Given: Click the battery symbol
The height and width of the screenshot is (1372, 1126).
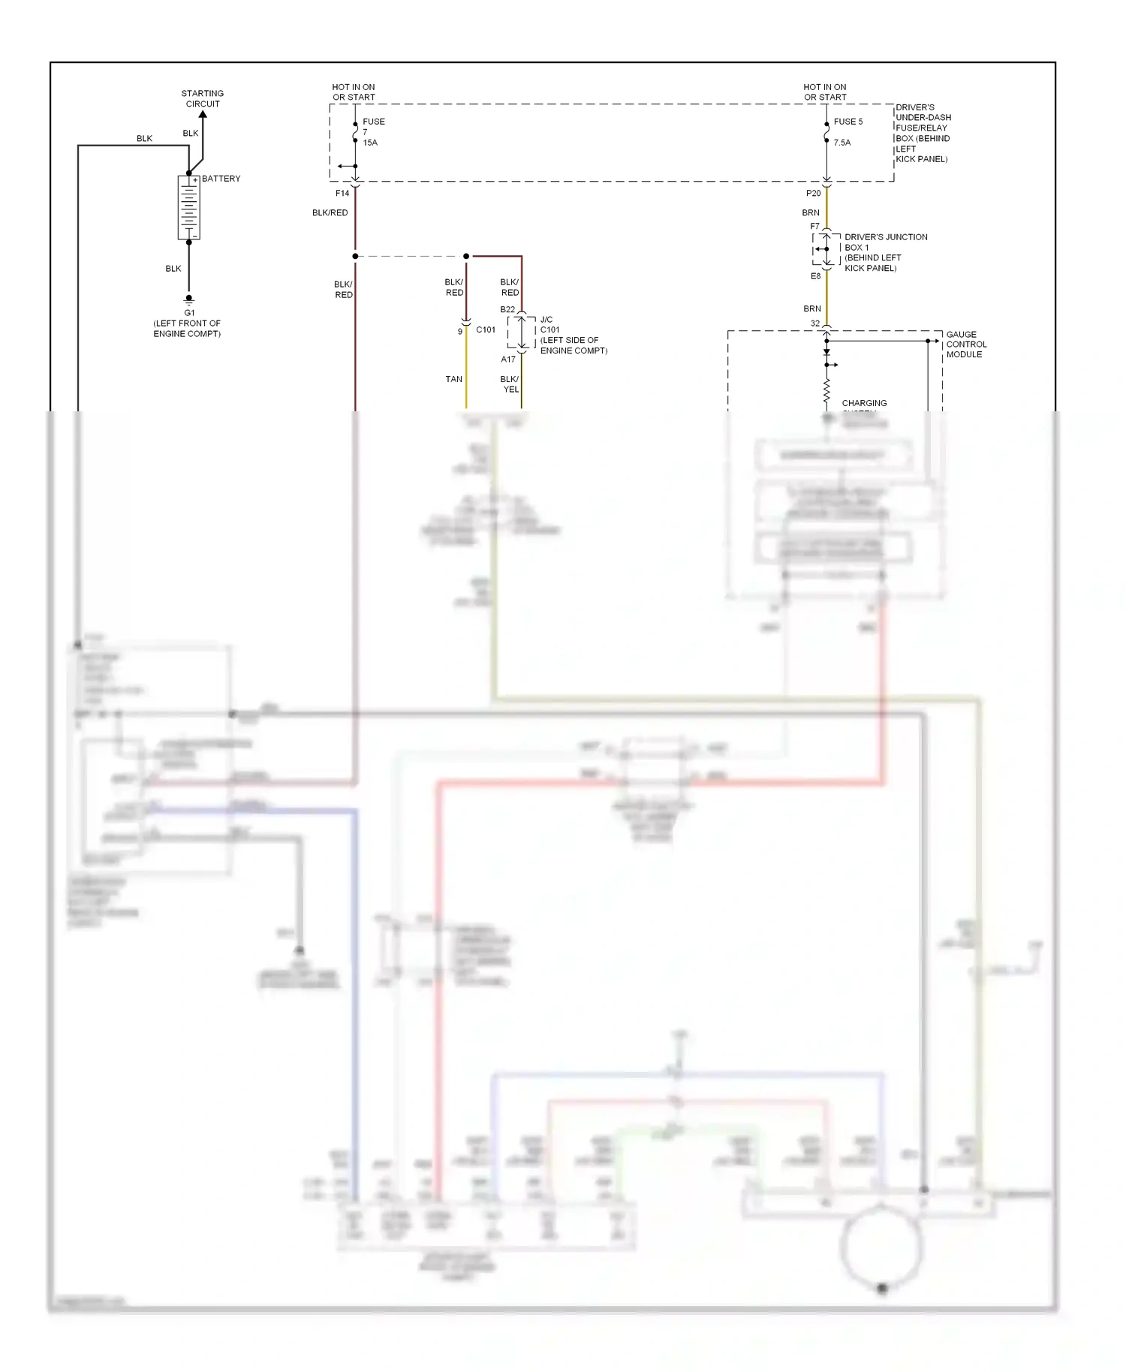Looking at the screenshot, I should pyautogui.click(x=188, y=207).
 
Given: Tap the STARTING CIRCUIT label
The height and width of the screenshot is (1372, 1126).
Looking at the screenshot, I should pyautogui.click(x=203, y=98).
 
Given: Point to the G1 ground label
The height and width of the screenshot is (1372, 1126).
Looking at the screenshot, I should pyautogui.click(x=189, y=312).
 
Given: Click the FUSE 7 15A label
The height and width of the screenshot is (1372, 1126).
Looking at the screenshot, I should pyautogui.click(x=373, y=131).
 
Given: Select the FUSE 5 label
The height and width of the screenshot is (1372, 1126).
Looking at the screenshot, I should pyautogui.click(x=848, y=122).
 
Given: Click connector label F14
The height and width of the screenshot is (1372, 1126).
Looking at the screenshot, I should pyautogui.click(x=342, y=193).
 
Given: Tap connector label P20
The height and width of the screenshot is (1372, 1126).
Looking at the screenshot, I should pyautogui.click(x=813, y=193).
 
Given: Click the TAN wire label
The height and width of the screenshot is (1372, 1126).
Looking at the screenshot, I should pyautogui.click(x=453, y=379).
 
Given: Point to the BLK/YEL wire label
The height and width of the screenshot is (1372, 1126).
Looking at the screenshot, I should pyautogui.click(x=510, y=384).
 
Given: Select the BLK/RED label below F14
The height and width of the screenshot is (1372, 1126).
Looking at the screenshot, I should pyautogui.click(x=330, y=212).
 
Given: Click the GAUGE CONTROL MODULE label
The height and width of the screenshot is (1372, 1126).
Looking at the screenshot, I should pyautogui.click(x=965, y=345).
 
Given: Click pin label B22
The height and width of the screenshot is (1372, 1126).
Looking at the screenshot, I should pyautogui.click(x=507, y=309).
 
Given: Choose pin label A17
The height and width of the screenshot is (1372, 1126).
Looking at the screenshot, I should pyautogui.click(x=508, y=360).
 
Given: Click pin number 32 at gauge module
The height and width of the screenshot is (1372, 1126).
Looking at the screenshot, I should pyautogui.click(x=815, y=323).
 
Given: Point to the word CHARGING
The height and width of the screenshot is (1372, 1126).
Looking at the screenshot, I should pyautogui.click(x=864, y=403).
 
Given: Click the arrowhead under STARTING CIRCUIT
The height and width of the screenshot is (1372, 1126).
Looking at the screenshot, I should pyautogui.click(x=203, y=115).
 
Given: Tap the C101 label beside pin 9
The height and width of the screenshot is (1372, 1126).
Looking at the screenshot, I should pyautogui.click(x=486, y=329).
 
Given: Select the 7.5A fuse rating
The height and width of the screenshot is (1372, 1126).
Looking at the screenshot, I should pyautogui.click(x=842, y=143).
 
